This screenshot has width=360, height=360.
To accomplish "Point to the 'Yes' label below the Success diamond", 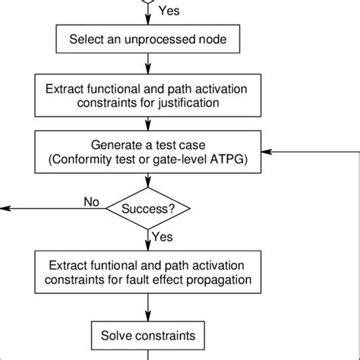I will tap(163, 237).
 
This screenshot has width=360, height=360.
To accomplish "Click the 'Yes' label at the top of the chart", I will tap(169, 10).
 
